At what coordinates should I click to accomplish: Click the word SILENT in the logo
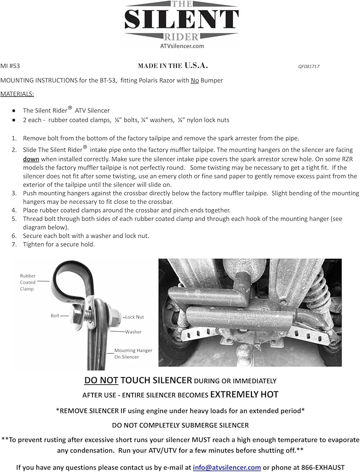point(182,19)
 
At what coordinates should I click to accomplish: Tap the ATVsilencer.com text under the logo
point(182,46)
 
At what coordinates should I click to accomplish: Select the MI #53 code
point(10,66)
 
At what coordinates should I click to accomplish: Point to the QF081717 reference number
point(309,67)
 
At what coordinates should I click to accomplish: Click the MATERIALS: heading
point(17,94)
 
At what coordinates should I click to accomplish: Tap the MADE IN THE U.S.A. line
point(173,66)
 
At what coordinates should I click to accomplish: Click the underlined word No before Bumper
point(195,80)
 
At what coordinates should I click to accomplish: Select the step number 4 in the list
point(14,211)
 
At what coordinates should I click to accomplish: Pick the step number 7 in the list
point(14,244)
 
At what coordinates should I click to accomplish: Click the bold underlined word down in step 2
point(31,159)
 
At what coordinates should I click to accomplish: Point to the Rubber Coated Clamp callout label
point(28,282)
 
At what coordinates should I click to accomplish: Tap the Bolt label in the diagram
point(55,316)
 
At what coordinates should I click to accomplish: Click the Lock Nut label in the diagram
point(134,317)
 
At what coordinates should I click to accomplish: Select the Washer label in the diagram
point(134,332)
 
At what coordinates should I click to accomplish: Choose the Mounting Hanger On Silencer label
point(133,354)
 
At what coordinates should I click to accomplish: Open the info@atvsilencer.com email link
point(226,467)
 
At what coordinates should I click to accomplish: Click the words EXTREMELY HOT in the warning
point(244,394)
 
